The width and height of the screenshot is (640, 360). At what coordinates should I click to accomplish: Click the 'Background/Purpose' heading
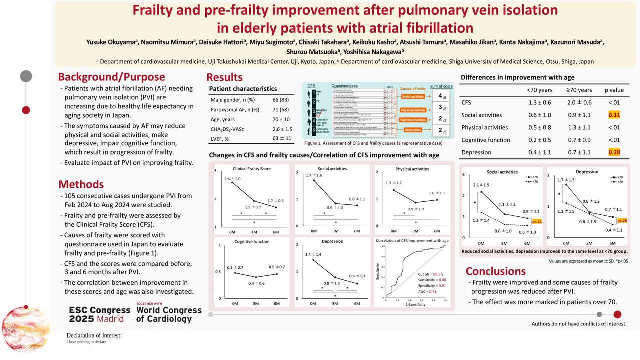tap(111, 77)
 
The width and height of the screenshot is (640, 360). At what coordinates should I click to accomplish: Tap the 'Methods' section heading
tap(81, 184)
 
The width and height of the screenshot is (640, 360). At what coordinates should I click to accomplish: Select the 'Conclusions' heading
tap(495, 271)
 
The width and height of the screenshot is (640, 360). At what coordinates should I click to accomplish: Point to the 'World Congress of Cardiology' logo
tap(168, 313)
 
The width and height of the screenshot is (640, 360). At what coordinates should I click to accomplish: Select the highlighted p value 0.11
tap(614, 115)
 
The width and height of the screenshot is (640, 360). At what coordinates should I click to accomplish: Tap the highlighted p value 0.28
tap(614, 152)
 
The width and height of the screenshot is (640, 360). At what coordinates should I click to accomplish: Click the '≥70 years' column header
tap(579, 90)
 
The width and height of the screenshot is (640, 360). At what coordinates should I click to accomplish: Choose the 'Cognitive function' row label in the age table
tap(485, 140)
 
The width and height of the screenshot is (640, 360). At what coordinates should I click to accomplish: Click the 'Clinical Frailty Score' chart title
tap(252, 169)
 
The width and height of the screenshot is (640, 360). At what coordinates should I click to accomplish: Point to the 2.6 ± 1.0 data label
tap(232, 179)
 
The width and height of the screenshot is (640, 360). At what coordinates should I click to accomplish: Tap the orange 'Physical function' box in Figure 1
tap(413, 110)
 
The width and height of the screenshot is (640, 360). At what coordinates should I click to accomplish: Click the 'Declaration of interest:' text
tap(94, 335)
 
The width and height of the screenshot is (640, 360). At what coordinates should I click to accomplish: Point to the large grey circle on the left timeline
tap(26, 76)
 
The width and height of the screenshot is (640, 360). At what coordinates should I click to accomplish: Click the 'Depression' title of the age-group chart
tap(587, 172)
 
